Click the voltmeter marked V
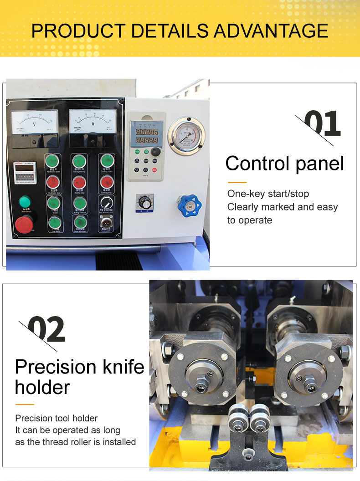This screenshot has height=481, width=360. (35, 122)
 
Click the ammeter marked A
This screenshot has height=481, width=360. (93, 122)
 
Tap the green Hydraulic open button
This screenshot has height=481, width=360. (53, 161)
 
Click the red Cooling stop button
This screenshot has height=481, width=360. (107, 183)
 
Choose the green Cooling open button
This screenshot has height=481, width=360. (107, 161)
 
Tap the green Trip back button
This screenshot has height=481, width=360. (53, 223)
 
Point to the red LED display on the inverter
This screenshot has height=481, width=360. (144, 136)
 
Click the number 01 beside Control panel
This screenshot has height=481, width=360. (322, 123)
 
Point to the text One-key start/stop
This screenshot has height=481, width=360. (268, 194)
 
